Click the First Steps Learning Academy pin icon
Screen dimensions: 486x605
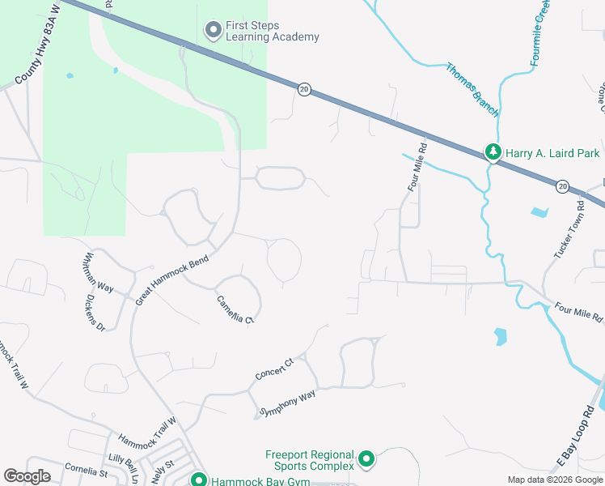[214, 31]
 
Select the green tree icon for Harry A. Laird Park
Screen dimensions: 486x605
[493, 151]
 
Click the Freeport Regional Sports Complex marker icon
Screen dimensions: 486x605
[366, 460]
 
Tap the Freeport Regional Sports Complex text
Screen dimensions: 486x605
[310, 460]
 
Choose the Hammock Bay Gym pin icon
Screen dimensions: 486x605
[199, 480]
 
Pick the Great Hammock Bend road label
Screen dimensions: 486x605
[172, 280]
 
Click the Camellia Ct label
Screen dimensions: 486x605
[235, 309]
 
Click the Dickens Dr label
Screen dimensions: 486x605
[95, 312]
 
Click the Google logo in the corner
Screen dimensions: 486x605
[27, 475]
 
